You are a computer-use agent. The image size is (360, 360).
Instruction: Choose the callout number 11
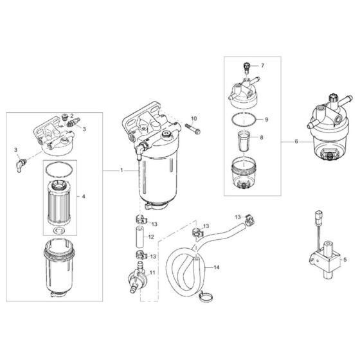pos(152,273)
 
